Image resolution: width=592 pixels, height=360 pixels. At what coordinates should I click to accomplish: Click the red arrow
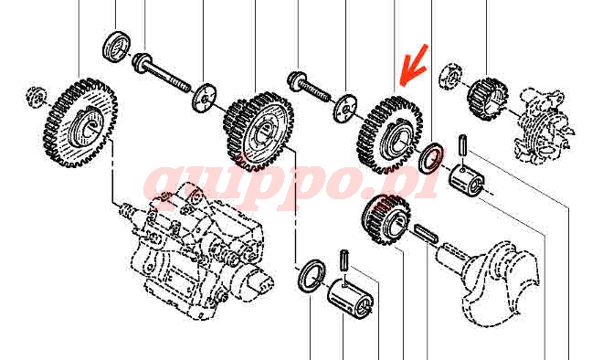[414, 65]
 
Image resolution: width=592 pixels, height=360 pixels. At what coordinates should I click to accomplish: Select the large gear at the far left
[80, 122]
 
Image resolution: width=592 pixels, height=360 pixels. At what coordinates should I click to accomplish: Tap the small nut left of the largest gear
[37, 96]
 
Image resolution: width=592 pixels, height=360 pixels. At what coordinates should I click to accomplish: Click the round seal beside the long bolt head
[117, 47]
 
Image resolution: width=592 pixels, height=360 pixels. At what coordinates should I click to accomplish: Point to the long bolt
[162, 73]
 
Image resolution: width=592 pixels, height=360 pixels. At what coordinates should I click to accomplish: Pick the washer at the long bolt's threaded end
[205, 98]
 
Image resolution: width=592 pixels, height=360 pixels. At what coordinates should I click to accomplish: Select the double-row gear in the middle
[259, 132]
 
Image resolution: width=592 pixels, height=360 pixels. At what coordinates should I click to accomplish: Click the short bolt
[309, 88]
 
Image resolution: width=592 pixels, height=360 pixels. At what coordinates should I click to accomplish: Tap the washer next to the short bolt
[345, 108]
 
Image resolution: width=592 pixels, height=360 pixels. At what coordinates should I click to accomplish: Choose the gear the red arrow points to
[390, 135]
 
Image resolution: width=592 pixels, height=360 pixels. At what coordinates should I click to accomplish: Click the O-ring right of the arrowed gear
[431, 157]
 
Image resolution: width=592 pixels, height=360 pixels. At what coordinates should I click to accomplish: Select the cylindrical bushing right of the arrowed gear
[466, 180]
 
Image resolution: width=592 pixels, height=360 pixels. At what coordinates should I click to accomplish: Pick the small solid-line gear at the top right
[487, 99]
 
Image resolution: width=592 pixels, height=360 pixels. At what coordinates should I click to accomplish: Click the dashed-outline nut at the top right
[451, 77]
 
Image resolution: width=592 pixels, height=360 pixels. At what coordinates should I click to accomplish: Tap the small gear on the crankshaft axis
[386, 219]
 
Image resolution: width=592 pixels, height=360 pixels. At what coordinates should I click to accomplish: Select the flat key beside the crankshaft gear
[427, 234]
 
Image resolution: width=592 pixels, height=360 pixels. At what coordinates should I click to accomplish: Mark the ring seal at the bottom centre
[312, 275]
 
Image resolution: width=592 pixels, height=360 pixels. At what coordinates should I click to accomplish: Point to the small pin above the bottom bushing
[344, 260]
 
